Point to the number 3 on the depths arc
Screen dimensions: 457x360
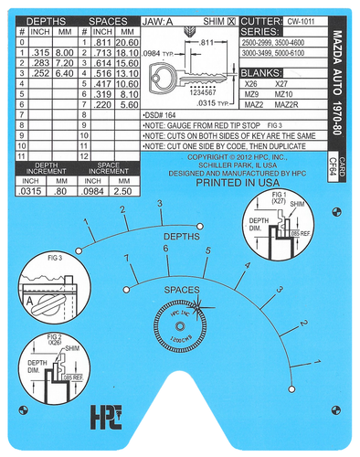161,203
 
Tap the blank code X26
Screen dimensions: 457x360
252,83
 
